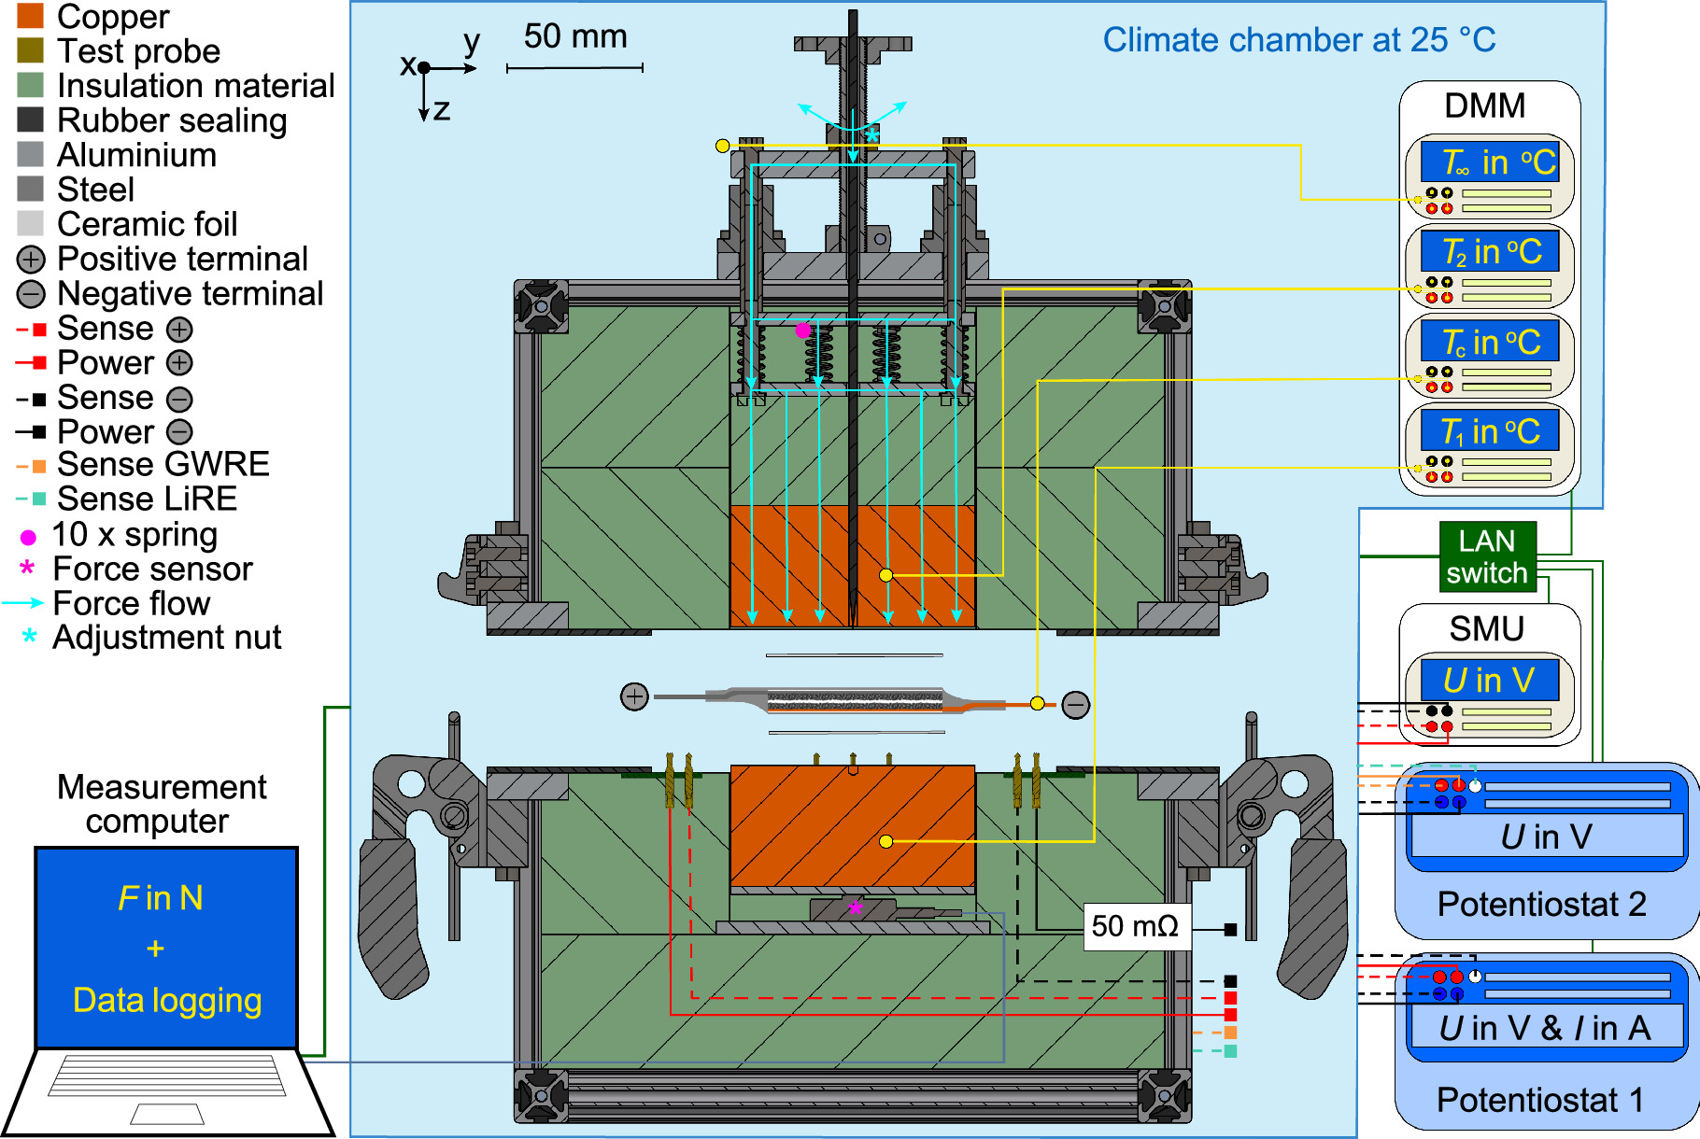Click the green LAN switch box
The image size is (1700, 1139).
1487,556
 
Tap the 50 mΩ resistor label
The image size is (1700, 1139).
1136,926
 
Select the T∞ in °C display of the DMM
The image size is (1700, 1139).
1489,162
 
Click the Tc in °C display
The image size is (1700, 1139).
1489,342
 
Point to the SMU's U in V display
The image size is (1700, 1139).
1489,680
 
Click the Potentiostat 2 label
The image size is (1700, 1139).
1541,904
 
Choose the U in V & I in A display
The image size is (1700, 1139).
1545,1028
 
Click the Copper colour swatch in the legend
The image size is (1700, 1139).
30,16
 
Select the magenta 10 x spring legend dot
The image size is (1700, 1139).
28,537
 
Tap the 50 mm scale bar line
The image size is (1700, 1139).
574,68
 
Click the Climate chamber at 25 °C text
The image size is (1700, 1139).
1298,40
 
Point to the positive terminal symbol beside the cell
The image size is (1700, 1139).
634,696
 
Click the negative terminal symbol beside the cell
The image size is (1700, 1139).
1076,705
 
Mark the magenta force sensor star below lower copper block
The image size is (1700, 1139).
856,907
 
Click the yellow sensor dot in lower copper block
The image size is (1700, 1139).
885,841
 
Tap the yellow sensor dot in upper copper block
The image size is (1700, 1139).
885,575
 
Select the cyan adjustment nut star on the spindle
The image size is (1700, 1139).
871,136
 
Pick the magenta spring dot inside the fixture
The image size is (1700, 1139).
802,330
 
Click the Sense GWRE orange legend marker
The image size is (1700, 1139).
37,465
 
